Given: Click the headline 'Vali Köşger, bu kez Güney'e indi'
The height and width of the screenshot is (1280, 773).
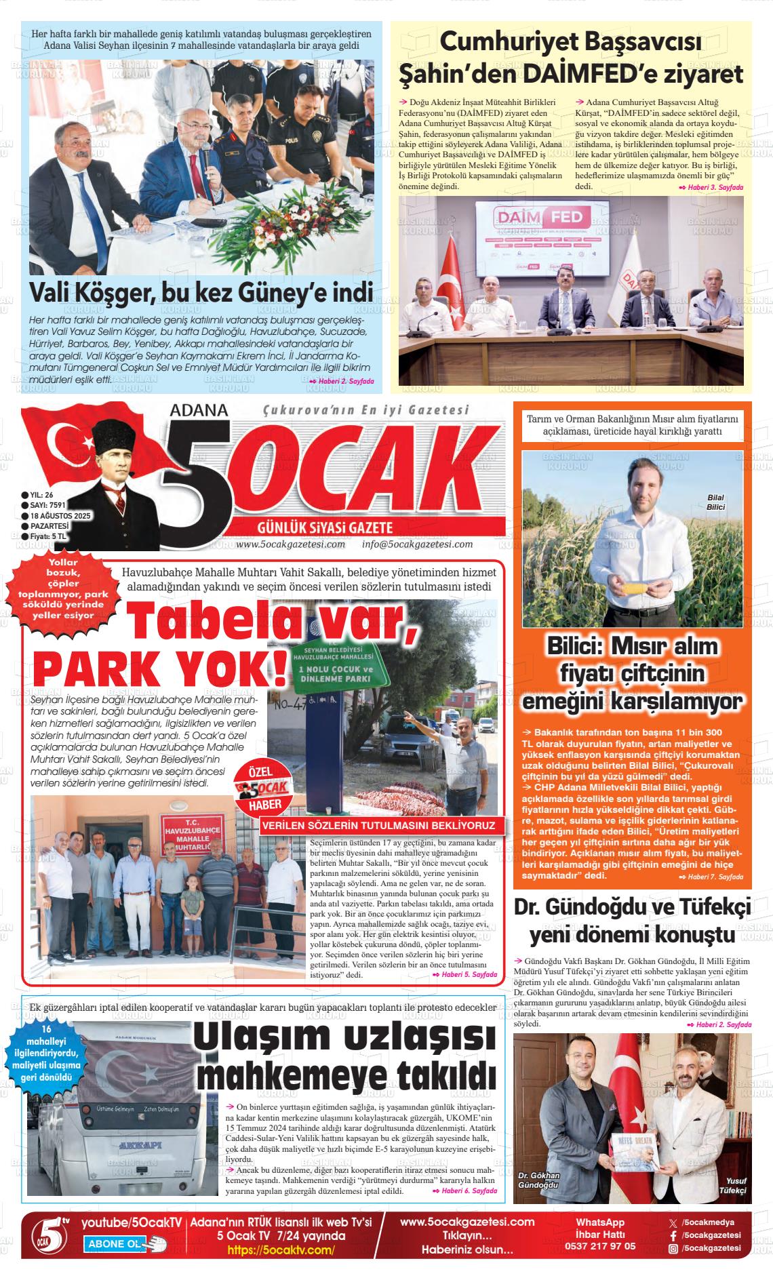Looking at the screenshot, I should click(x=201, y=292).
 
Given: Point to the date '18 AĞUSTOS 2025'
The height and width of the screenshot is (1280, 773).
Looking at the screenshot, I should click(x=60, y=516).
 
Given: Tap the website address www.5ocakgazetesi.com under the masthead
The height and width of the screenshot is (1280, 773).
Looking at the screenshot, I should click(x=291, y=544).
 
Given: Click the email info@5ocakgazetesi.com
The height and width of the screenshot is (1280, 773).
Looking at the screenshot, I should click(x=417, y=544).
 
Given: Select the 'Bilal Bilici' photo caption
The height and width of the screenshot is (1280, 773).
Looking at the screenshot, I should click(x=715, y=502).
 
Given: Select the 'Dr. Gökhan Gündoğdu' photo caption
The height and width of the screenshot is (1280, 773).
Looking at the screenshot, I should click(x=538, y=1180).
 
